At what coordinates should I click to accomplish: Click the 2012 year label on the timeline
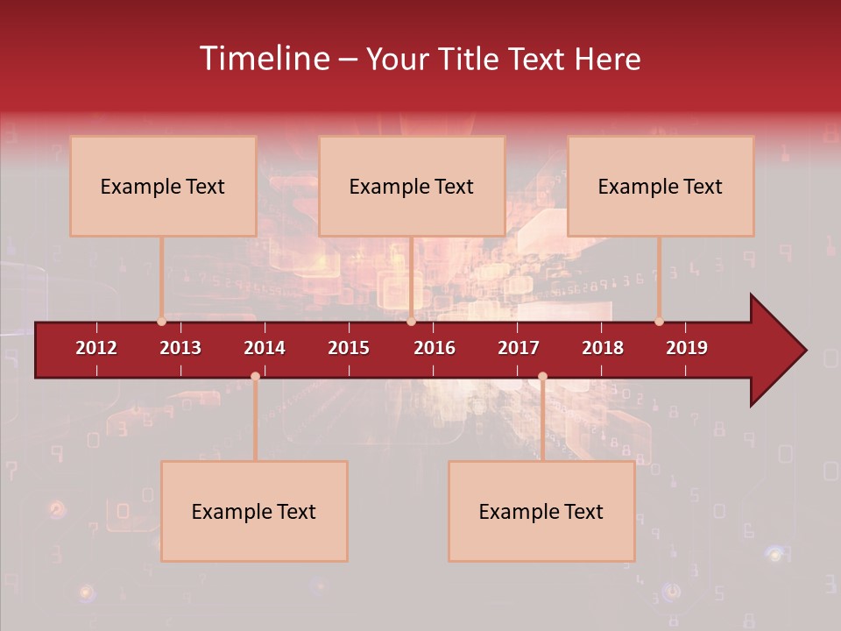(96, 348)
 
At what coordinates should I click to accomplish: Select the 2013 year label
(180, 348)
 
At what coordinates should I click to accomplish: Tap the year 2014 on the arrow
(265, 348)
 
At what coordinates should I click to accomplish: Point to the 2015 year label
(349, 348)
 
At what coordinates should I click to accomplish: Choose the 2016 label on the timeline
(435, 348)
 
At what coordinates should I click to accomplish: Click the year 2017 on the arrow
(519, 348)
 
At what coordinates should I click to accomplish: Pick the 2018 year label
(603, 348)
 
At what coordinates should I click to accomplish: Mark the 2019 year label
(687, 348)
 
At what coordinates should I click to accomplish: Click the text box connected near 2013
(163, 186)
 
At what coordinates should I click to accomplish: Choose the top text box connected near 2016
(412, 186)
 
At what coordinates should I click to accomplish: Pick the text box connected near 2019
(661, 186)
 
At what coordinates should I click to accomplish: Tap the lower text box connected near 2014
(254, 511)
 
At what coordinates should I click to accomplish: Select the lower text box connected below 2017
(541, 511)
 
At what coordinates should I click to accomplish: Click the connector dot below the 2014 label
(255, 376)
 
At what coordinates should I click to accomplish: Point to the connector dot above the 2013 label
(161, 322)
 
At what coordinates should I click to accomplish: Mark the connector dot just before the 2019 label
(659, 322)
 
